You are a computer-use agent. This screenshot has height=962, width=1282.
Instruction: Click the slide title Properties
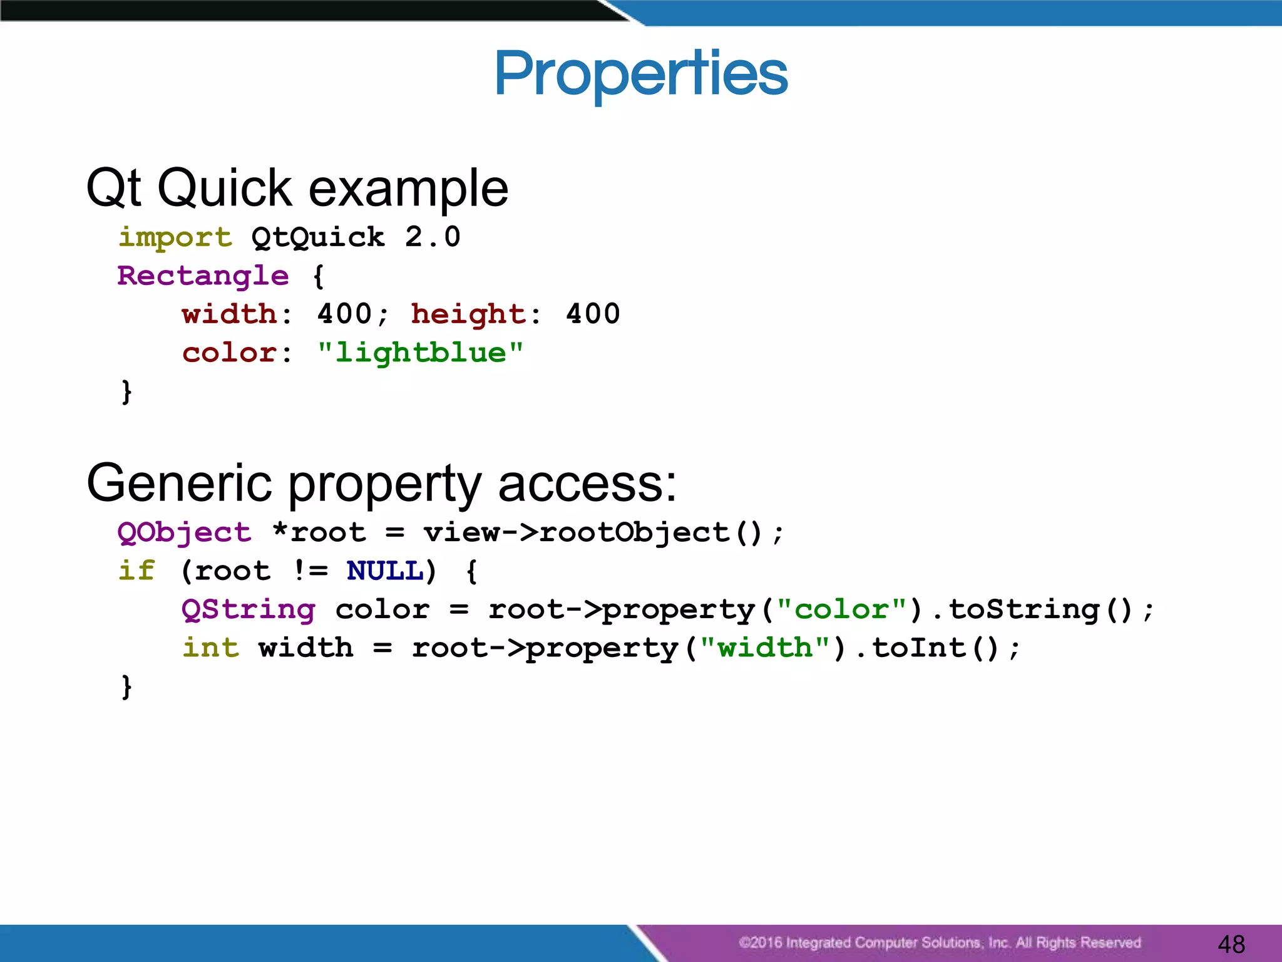click(x=640, y=74)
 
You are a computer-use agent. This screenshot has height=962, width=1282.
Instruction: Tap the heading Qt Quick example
click(x=297, y=188)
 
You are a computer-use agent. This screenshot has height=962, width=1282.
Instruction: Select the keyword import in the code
click(x=175, y=237)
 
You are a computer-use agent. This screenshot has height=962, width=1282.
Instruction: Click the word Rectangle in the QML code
click(x=203, y=276)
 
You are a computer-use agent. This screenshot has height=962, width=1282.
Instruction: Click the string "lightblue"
click(x=420, y=353)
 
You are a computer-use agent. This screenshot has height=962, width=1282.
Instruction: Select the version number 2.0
click(x=433, y=237)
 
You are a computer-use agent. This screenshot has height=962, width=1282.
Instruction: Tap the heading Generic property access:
click(x=381, y=484)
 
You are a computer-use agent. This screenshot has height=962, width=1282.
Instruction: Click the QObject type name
click(x=184, y=533)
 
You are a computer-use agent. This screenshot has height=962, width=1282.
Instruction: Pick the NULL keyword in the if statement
click(x=384, y=571)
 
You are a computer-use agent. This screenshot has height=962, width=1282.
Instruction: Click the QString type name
click(x=249, y=609)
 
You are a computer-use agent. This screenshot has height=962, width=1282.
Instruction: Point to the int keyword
click(x=210, y=648)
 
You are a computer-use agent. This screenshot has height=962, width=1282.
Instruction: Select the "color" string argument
click(x=841, y=609)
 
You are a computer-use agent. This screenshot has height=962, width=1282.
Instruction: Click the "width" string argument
click(x=765, y=648)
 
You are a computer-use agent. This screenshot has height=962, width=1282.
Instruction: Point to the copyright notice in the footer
click(x=939, y=943)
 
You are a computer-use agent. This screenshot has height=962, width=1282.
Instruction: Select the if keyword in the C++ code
click(x=136, y=571)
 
